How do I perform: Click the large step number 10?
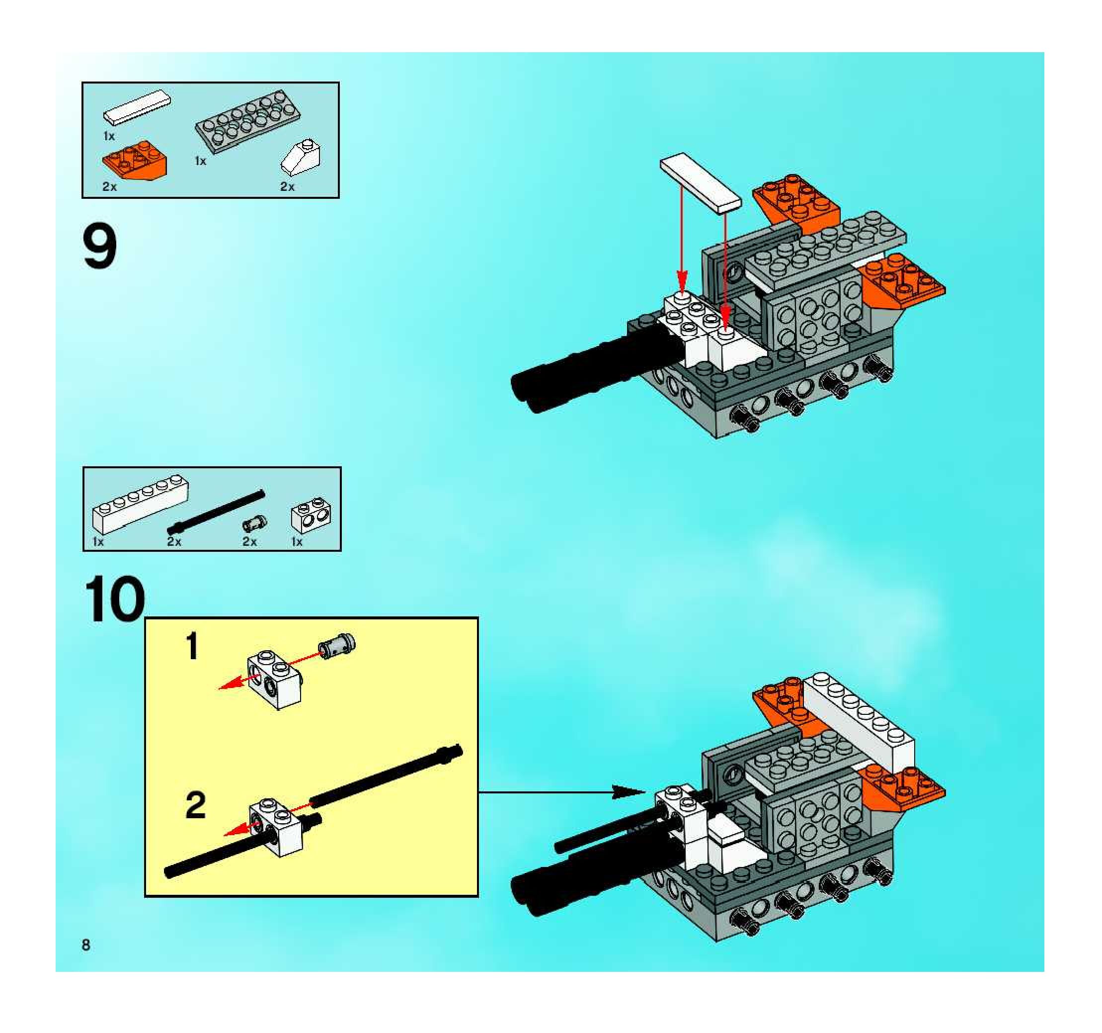115,600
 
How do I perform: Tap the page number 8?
86,945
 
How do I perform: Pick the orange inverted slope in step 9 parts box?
135,160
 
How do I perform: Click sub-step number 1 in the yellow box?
192,647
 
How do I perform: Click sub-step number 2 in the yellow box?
196,806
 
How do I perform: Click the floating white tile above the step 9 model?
700,182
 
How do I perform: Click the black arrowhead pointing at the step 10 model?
628,792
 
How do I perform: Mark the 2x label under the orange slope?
110,187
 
